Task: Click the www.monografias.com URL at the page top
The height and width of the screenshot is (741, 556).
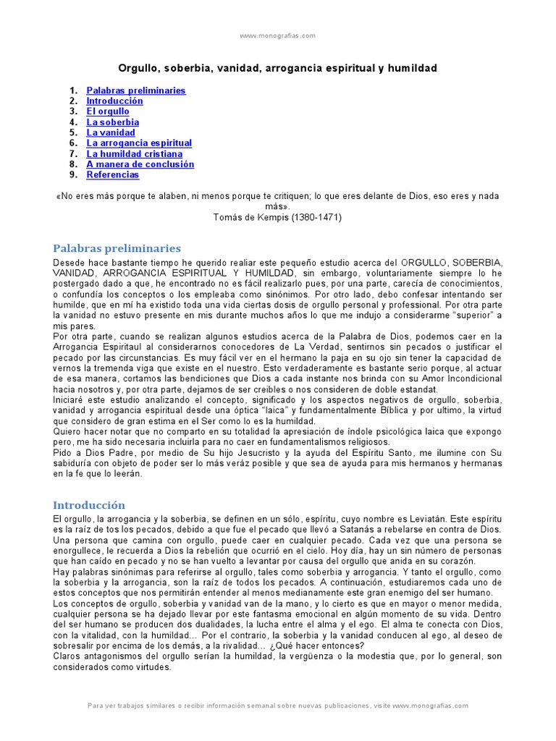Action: point(277,35)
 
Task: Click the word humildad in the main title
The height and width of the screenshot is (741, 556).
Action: point(413,68)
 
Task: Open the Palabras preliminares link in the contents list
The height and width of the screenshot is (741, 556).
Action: point(136,90)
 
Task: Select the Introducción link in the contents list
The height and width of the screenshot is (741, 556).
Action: point(114,101)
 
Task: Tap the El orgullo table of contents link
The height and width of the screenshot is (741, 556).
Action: point(108,111)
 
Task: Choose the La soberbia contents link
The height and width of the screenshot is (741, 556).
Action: point(113,122)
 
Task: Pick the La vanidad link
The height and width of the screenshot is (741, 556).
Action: point(111,132)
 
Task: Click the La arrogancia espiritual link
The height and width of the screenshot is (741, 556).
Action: point(139,143)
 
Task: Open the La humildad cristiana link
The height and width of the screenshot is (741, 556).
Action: point(135,153)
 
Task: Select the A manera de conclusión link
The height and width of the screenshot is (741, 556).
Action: point(140,164)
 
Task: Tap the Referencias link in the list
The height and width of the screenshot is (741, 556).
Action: point(113,174)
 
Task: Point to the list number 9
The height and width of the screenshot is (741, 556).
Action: point(73,174)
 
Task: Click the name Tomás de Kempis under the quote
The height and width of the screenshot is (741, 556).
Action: point(245,217)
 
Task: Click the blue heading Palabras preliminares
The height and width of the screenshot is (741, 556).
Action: point(117,248)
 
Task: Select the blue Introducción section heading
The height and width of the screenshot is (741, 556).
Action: point(89,505)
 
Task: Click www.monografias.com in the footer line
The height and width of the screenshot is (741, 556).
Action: point(434,706)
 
